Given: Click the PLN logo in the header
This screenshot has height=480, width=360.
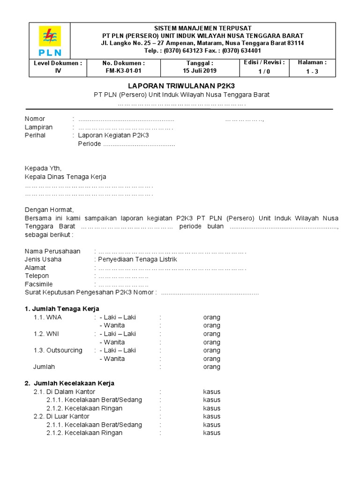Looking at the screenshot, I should [x=50, y=41].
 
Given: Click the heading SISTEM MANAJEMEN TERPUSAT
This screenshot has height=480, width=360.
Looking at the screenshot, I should [x=202, y=28].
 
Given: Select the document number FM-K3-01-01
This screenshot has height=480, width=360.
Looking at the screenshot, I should [x=124, y=71].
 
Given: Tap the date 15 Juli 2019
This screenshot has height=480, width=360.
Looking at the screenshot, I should [x=200, y=71].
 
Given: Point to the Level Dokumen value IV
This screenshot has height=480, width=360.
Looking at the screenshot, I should [x=58, y=71].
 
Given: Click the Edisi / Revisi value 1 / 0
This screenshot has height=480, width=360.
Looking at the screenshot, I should [x=264, y=71].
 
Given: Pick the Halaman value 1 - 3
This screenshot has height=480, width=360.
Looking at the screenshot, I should [x=312, y=71].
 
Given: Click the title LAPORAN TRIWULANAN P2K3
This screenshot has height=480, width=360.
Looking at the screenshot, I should [x=181, y=86].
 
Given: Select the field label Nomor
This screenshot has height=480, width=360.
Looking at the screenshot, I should [x=35, y=119].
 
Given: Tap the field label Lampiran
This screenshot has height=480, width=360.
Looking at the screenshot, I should [x=38, y=127].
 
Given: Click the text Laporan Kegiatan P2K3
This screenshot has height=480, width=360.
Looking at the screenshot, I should [x=113, y=135].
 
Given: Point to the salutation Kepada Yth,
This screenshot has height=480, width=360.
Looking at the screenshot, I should [x=43, y=168].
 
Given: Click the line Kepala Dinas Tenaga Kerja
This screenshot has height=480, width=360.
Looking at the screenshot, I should [x=65, y=177].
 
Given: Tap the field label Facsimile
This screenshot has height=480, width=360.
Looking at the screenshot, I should [x=38, y=284].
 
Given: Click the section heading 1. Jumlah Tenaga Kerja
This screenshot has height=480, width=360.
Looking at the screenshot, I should [x=62, y=309].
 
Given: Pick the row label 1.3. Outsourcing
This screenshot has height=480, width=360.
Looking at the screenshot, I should [x=58, y=350].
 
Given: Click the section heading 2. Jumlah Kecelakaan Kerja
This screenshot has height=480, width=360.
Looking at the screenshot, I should [x=69, y=383].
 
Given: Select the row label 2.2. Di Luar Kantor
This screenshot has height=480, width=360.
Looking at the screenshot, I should [x=61, y=416].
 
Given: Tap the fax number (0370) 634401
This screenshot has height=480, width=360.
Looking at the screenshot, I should [x=241, y=51].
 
